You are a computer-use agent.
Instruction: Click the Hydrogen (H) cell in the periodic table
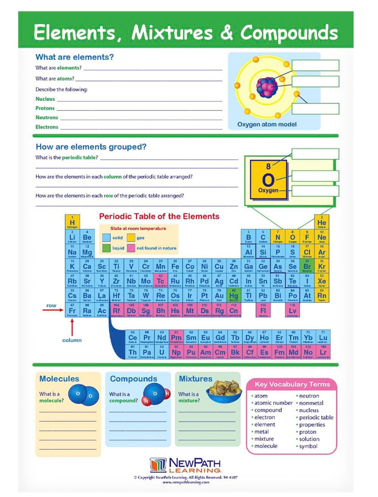click(x=72, y=222)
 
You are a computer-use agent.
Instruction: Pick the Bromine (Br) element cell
click(x=307, y=266)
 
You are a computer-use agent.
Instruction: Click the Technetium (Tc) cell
click(x=161, y=281)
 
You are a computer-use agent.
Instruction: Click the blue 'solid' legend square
click(x=107, y=238)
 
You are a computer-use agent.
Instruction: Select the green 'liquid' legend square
click(x=107, y=248)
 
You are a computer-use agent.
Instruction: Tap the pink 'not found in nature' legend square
click(x=131, y=248)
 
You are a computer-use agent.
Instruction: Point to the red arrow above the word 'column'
click(x=72, y=326)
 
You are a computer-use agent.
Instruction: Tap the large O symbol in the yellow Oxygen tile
click(x=268, y=180)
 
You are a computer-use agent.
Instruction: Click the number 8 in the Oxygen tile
click(x=268, y=166)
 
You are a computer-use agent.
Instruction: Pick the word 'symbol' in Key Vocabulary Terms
click(x=308, y=446)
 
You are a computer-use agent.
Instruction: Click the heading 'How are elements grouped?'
click(x=91, y=147)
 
